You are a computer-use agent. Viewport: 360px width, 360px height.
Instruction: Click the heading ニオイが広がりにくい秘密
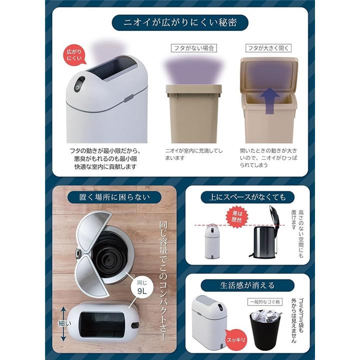pyautogui.click(x=180, y=22)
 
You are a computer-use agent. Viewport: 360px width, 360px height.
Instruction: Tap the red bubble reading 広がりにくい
pyautogui.click(x=74, y=55)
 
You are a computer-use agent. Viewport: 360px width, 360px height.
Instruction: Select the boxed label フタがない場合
pyautogui.click(x=194, y=48)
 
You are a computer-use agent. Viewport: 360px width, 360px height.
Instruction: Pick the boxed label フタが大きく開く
pyautogui.click(x=268, y=48)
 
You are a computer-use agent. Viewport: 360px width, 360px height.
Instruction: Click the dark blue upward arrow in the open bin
pyautogui.click(x=270, y=100)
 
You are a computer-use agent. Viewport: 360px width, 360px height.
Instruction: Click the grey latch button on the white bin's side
pyautogui.click(x=129, y=98)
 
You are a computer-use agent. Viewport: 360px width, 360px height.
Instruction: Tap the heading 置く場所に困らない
pyautogui.click(x=114, y=197)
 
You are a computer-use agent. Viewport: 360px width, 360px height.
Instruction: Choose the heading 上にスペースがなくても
pyautogui.click(x=247, y=197)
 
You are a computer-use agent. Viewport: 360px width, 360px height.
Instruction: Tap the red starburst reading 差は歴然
pyautogui.click(x=236, y=216)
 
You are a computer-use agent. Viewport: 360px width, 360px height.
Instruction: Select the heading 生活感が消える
pyautogui.click(x=247, y=285)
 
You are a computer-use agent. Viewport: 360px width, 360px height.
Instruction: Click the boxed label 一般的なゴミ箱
pyautogui.click(x=264, y=301)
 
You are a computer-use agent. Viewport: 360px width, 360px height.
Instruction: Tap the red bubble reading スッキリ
pyautogui.click(x=236, y=339)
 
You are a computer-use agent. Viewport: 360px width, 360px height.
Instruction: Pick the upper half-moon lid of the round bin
pyautogui.click(x=92, y=231)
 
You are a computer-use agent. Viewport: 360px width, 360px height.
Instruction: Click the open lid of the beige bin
pyautogui.click(x=269, y=73)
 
